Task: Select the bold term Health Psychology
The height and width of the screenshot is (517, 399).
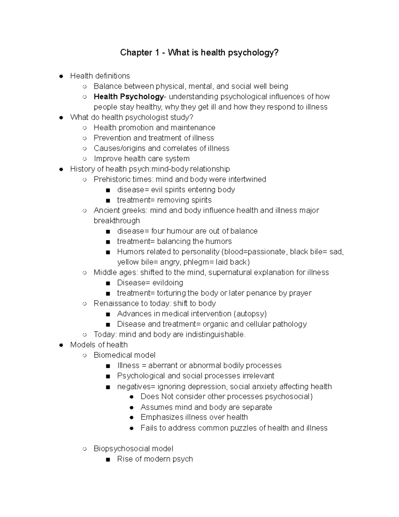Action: click(x=128, y=97)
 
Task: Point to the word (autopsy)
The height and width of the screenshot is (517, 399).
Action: click(x=250, y=314)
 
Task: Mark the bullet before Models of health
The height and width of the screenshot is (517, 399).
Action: click(x=61, y=345)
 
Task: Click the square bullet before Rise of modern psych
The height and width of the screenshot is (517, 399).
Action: click(x=107, y=459)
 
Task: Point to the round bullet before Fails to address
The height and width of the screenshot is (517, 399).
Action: click(x=132, y=428)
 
